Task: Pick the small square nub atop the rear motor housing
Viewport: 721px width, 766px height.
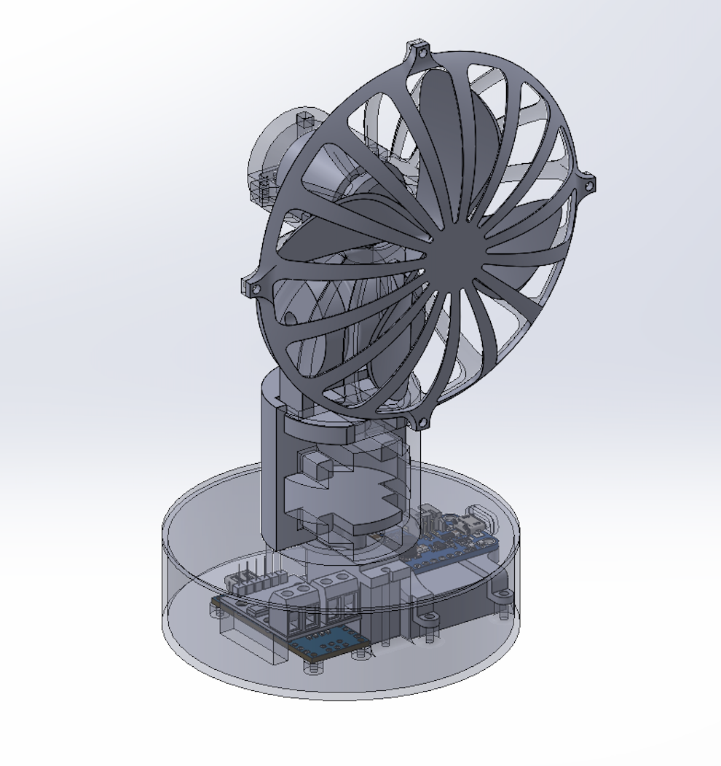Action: [x=304, y=118]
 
